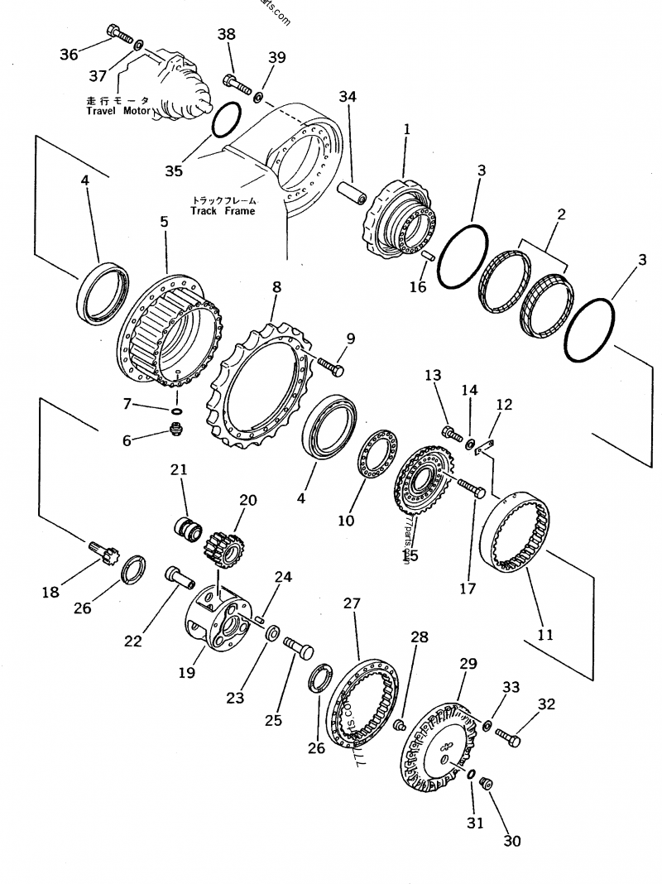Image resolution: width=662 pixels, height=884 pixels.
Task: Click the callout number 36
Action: point(69,54)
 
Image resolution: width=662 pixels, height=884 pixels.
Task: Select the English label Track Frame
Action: point(223,211)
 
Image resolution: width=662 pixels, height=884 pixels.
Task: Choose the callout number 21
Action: point(180,469)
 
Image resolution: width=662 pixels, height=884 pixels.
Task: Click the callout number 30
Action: point(512,841)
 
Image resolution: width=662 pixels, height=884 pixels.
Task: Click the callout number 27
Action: point(352,603)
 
